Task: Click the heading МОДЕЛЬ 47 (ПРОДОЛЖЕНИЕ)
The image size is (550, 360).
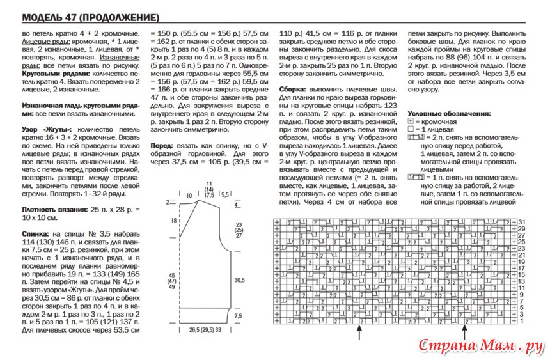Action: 90,16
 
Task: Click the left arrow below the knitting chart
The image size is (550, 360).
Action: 361,333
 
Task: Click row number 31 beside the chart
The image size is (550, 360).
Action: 522,221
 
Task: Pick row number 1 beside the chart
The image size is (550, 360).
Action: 522,321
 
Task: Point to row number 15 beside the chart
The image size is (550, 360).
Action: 522,274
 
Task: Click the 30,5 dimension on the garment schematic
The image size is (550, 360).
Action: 240,280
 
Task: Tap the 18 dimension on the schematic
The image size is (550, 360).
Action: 173,220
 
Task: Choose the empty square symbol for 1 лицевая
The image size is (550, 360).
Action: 411,129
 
